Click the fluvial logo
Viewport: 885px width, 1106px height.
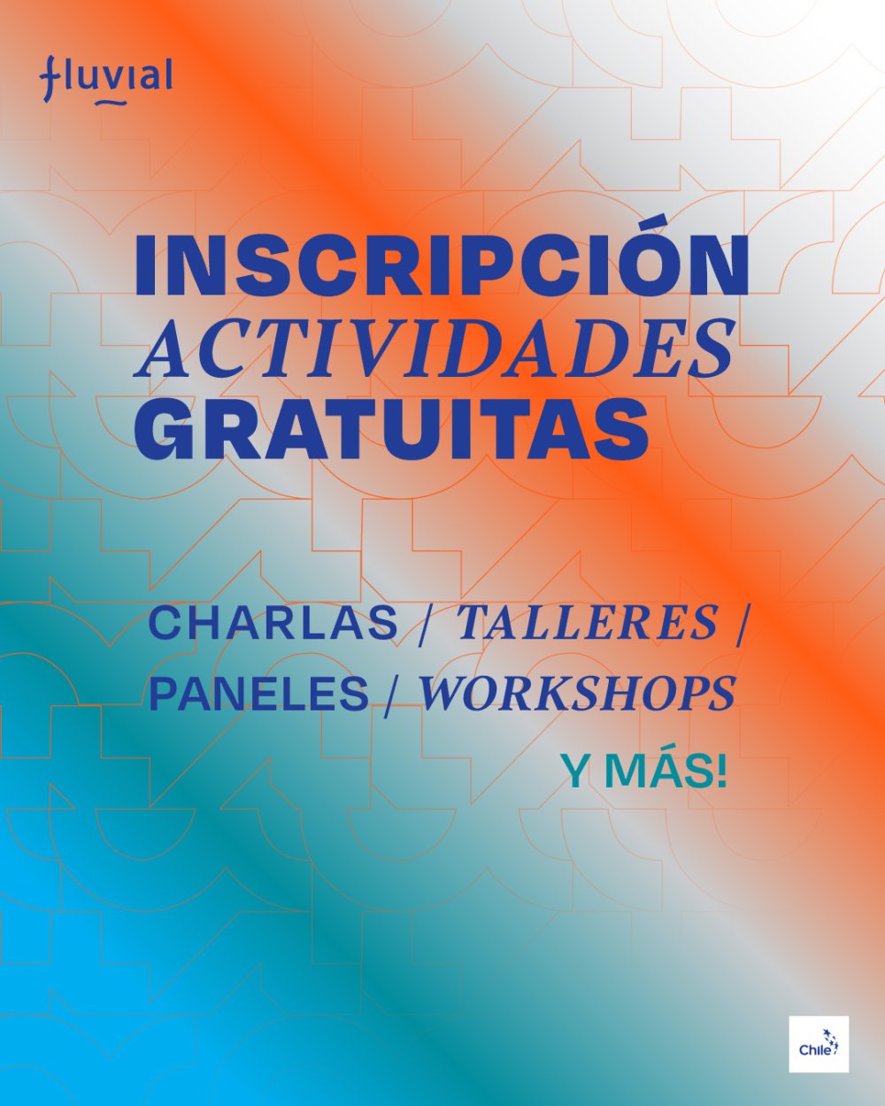point(105,79)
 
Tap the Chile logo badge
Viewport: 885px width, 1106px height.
point(819,1044)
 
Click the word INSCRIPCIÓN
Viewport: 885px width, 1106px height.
point(441,265)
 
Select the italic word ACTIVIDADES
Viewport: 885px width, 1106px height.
point(434,347)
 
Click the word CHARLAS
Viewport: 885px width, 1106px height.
point(273,623)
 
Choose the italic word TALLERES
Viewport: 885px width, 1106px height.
point(586,623)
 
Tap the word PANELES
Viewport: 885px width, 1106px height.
point(258,694)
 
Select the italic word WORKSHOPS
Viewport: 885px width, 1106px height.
point(577,694)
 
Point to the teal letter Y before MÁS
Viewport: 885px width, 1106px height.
point(576,772)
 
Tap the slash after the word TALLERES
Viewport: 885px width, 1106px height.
point(741,625)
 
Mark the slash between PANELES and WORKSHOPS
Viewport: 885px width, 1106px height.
point(392,695)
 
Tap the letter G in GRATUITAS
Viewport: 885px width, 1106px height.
point(167,428)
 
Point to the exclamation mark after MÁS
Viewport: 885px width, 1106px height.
point(720,772)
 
